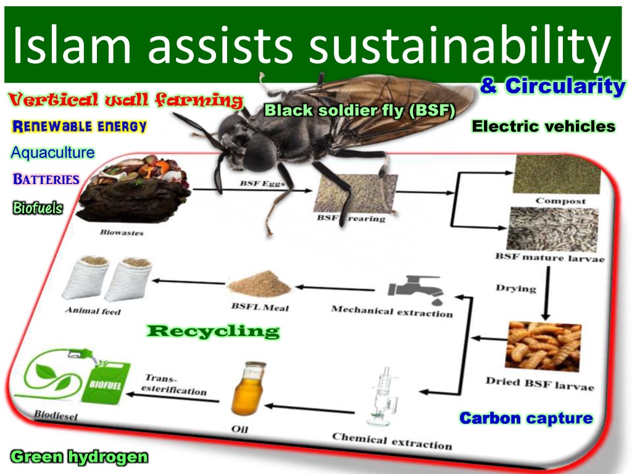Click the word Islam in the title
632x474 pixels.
point(72,44)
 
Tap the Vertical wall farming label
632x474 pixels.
point(126,99)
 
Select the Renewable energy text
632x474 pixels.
point(80,126)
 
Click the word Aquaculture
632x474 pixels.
point(53,152)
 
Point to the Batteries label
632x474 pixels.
point(46,179)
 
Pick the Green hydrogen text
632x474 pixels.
point(79,457)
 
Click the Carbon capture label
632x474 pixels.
point(526,418)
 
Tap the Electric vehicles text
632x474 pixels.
point(543,126)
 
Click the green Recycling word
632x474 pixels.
point(213,331)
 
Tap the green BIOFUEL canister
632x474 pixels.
point(106,381)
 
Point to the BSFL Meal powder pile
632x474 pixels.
point(259,284)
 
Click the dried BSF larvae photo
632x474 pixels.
point(544,346)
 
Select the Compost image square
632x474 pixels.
point(556,174)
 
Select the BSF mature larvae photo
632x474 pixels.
point(552,229)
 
